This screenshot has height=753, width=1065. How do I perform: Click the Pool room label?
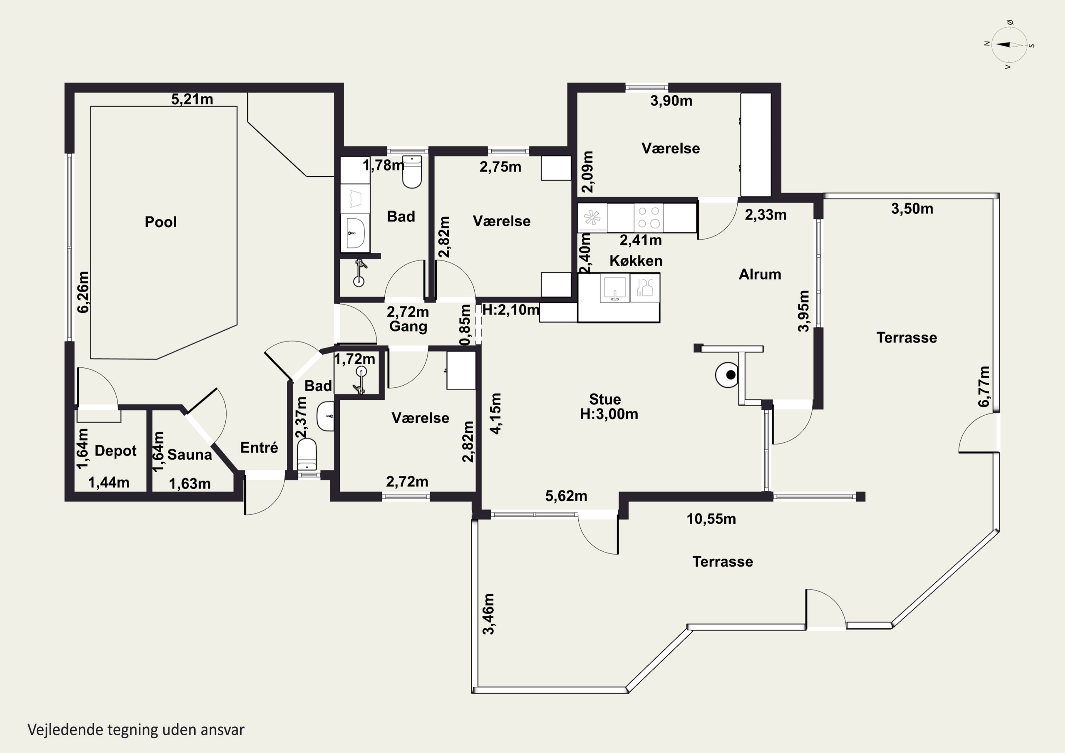(160, 222)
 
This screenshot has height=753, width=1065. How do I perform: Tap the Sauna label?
(189, 455)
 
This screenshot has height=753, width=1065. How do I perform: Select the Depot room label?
(115, 451)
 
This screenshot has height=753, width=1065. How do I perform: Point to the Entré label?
(259, 448)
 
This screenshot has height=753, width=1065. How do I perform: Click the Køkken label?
(635, 261)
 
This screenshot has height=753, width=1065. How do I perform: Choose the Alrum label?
(760, 274)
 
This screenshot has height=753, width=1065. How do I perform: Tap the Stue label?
(605, 399)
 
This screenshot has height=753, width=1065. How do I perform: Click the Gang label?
(408, 326)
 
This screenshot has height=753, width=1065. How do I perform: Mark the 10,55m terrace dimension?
(711, 519)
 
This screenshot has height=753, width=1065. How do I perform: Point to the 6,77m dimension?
(983, 387)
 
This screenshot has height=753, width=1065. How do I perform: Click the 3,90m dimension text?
(671, 101)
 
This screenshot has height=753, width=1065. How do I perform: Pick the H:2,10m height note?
(511, 310)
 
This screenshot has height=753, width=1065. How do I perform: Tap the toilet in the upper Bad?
(412, 172)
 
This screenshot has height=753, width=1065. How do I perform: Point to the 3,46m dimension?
(489, 614)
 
